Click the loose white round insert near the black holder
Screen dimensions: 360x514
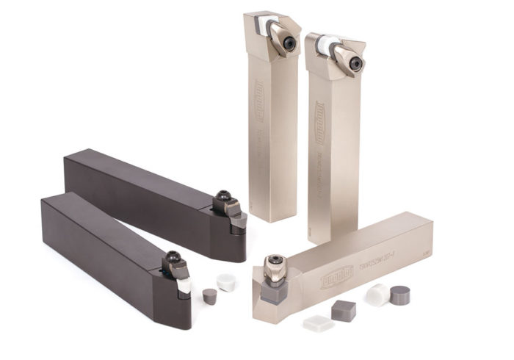226,281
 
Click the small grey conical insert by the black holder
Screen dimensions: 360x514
209,296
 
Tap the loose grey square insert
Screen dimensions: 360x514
343,311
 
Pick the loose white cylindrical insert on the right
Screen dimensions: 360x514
377,295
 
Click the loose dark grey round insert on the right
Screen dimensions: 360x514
400,295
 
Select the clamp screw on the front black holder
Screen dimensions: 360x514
173,258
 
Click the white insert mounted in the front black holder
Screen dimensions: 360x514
184,285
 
